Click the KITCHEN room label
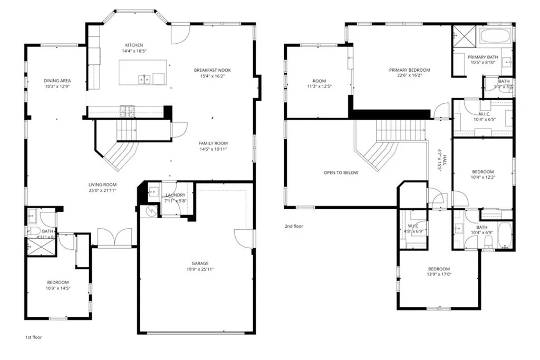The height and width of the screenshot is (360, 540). tap(133, 45)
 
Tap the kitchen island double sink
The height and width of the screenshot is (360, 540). tap(144, 80)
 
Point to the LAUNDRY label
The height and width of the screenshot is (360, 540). tap(175, 195)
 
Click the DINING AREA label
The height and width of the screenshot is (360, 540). tap(57, 81)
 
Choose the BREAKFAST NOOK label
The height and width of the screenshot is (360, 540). tap(212, 70)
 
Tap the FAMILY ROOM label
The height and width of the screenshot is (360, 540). tap(213, 143)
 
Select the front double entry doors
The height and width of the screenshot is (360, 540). tap(114, 238)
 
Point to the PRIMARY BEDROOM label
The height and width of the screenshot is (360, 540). tap(409, 70)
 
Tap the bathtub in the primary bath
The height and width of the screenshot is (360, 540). tap(495, 36)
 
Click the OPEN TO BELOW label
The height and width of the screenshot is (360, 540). tap(341, 172)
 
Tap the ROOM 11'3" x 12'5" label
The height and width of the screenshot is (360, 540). tap(319, 81)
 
